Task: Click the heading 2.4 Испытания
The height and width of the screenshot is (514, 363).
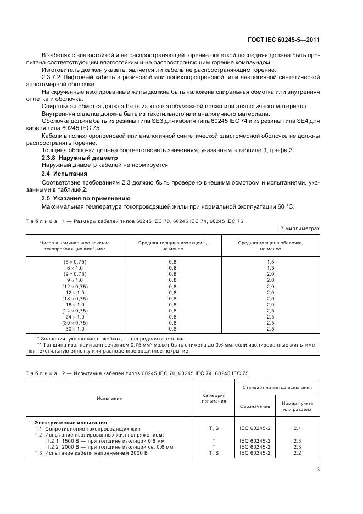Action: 64,174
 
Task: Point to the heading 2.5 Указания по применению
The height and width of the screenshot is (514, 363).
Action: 86,198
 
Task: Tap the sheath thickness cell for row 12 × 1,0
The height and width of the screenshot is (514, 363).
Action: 270,292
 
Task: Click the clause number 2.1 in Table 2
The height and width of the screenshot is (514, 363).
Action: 298,427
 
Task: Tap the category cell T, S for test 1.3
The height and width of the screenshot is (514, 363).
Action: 214,452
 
